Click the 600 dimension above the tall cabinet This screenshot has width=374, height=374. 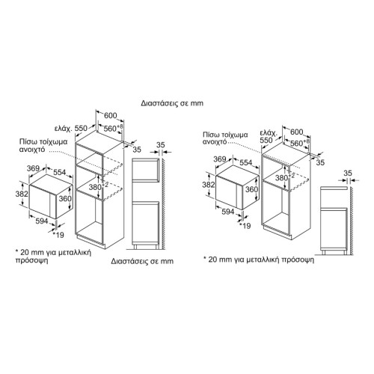pyautogui.click(x=110, y=116)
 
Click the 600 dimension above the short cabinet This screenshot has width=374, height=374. pyautogui.click(x=297, y=132)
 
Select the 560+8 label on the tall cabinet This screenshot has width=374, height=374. pyautogui.click(x=114, y=128)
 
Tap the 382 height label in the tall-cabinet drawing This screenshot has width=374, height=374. pyautogui.click(x=22, y=194)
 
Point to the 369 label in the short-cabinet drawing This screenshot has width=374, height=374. pyautogui.click(x=220, y=159)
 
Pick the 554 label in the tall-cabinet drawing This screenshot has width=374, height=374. pyautogui.click(x=60, y=172)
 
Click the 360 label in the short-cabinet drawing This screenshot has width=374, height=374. pyautogui.click(x=251, y=189)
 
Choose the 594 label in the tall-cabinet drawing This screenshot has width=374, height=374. pyautogui.click(x=41, y=221)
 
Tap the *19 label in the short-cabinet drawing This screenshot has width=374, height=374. pyautogui.click(x=245, y=226)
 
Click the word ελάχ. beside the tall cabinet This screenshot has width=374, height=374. pyautogui.click(x=64, y=129)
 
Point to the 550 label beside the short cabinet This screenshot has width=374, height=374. pyautogui.click(x=266, y=141)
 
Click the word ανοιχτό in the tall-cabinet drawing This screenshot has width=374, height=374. pyautogui.click(x=32, y=150)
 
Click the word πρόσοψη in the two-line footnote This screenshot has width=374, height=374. pyautogui.click(x=31, y=261)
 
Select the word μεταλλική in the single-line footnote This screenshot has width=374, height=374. pyautogui.click(x=263, y=260)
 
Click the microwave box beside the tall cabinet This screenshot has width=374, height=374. pyautogui.click(x=51, y=197)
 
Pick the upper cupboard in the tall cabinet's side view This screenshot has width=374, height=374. pyautogui.click(x=145, y=169)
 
